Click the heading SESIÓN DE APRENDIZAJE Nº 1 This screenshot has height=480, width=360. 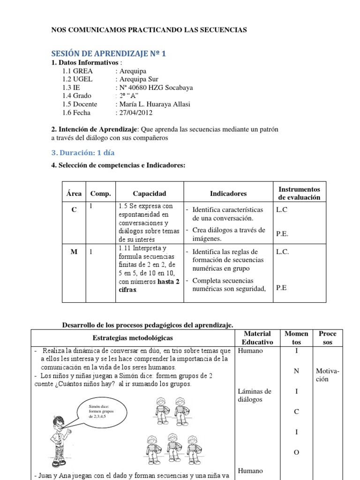pos(108,54)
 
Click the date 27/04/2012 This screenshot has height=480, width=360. pos(135,112)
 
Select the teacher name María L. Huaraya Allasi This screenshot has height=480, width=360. pos(154,104)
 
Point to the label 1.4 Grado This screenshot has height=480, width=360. pos(76,96)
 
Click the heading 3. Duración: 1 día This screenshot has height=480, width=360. pos(82,153)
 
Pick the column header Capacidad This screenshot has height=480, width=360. pos(149,194)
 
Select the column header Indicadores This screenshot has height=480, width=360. pos(228,194)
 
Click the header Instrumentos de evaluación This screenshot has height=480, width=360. pos(299,193)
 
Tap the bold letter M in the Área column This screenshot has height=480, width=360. pos(74,252)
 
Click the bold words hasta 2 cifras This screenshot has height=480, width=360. pos(149,286)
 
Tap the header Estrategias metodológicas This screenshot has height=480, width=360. pos(132,337)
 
